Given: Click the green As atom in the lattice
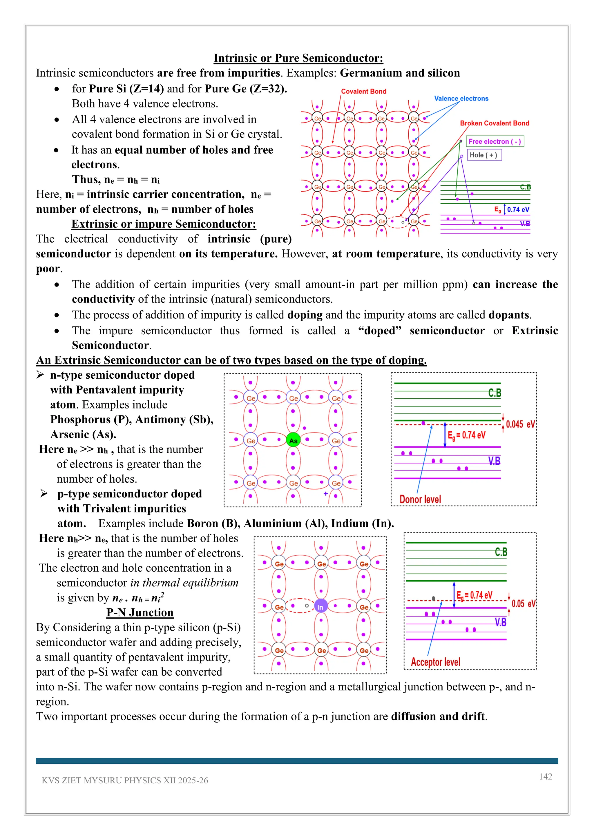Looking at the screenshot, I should [x=293, y=440].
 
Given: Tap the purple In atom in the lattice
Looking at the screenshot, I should [x=321, y=607].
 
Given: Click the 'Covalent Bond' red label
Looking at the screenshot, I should [x=364, y=91].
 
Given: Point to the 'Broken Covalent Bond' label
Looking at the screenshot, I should [x=495, y=123].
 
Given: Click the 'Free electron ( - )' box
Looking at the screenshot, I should [x=495, y=141].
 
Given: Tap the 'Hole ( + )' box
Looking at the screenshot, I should [x=483, y=155].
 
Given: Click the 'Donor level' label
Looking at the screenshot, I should [x=420, y=499].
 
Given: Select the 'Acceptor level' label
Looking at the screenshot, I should [x=435, y=662].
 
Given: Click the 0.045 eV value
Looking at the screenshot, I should [x=520, y=424].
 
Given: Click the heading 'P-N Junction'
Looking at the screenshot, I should [x=140, y=612].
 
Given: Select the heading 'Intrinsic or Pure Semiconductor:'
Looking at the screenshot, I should [x=298, y=58].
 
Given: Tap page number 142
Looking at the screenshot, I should [x=545, y=776].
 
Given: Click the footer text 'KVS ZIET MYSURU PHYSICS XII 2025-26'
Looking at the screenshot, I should [x=125, y=780].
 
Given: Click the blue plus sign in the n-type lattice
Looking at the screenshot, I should [x=325, y=494].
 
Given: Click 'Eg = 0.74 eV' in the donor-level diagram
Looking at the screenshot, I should [x=467, y=435].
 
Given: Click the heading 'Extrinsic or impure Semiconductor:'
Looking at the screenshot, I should [x=164, y=224].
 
